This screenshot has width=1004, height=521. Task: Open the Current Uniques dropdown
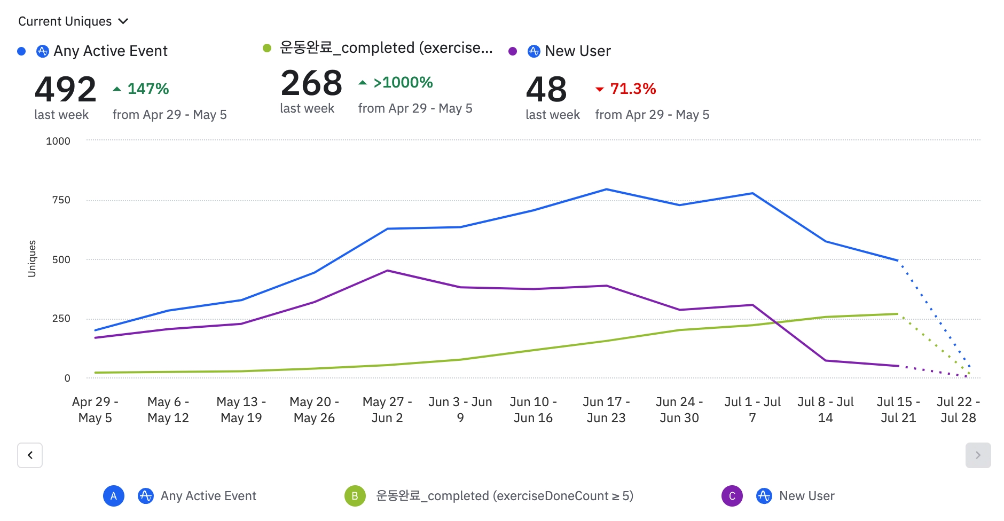click(x=73, y=21)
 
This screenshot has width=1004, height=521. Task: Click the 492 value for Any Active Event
click(x=65, y=89)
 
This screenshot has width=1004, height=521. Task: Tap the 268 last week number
click(x=311, y=83)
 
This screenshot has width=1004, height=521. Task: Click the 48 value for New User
click(x=546, y=89)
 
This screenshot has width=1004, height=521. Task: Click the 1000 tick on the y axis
click(x=58, y=141)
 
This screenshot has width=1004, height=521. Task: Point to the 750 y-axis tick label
click(x=61, y=200)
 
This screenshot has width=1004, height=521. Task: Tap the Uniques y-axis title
click(x=32, y=258)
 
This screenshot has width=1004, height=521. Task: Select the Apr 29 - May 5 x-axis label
click(x=95, y=409)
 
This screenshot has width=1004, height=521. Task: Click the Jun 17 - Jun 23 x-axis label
click(x=606, y=409)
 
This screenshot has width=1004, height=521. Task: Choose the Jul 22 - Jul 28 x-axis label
click(x=958, y=409)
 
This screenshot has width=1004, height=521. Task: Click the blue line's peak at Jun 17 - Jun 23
click(x=606, y=190)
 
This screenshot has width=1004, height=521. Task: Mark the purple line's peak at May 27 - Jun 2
click(x=387, y=271)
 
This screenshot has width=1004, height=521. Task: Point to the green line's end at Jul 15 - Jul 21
click(x=898, y=314)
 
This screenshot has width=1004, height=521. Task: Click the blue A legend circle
click(x=114, y=496)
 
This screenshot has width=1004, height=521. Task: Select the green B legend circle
click(x=355, y=496)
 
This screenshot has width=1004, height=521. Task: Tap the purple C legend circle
click(x=732, y=496)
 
